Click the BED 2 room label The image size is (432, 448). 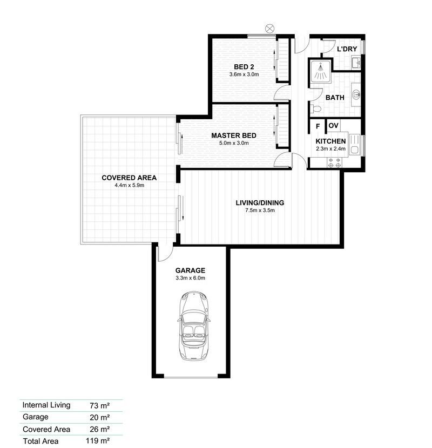coord(244,67)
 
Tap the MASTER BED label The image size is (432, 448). coord(233,135)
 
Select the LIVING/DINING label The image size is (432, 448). coord(260,203)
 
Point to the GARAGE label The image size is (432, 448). coord(190,270)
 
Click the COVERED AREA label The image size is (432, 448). coord(129,178)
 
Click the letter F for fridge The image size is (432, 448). coord(318,126)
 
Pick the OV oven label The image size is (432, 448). coord(333,126)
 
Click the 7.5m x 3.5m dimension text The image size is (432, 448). coord(260,211)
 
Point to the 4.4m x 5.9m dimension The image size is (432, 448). coord(129,185)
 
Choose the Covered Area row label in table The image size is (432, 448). coord(46,429)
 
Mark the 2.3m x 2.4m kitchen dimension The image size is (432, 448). coord(330,150)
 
